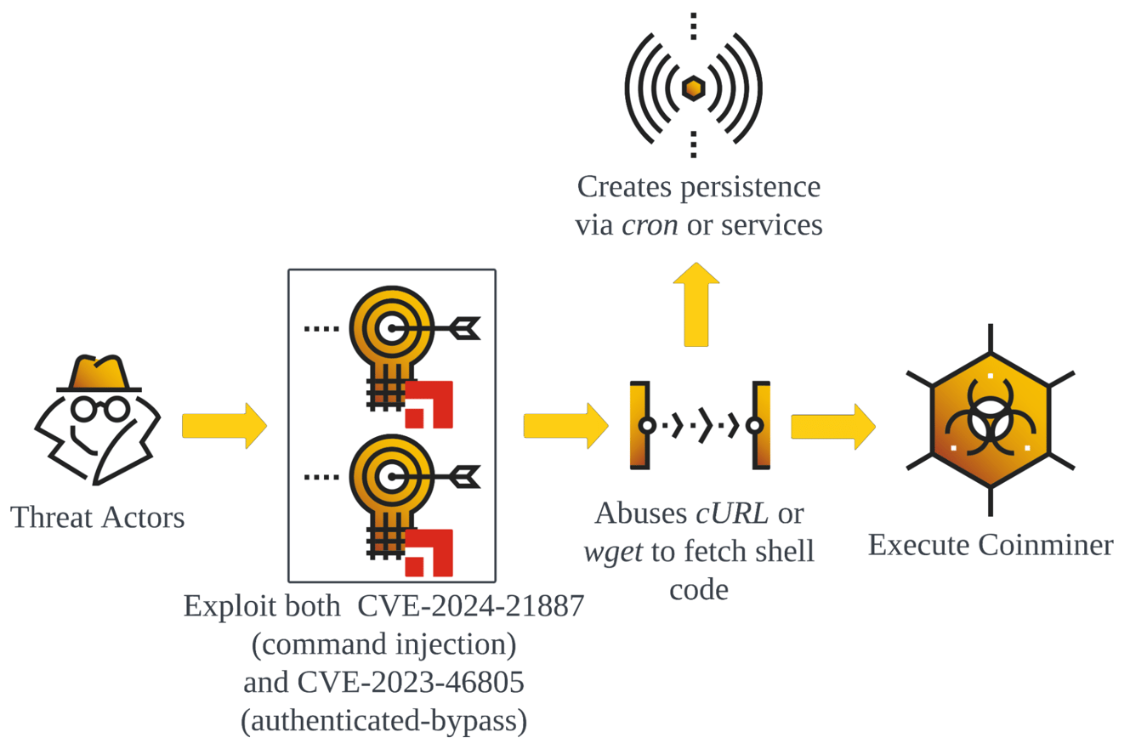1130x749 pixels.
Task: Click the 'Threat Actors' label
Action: tap(98, 517)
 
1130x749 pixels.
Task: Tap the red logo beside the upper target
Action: tap(429, 404)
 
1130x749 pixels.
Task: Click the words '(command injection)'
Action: tap(384, 644)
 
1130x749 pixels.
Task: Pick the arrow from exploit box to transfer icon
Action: tap(565, 425)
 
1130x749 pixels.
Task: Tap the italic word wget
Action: tap(611, 552)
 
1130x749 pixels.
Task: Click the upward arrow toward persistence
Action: tap(696, 304)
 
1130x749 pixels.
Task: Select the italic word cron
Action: tap(650, 225)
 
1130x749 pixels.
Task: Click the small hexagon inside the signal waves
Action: tap(694, 87)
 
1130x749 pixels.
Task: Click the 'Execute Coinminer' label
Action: tap(990, 544)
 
